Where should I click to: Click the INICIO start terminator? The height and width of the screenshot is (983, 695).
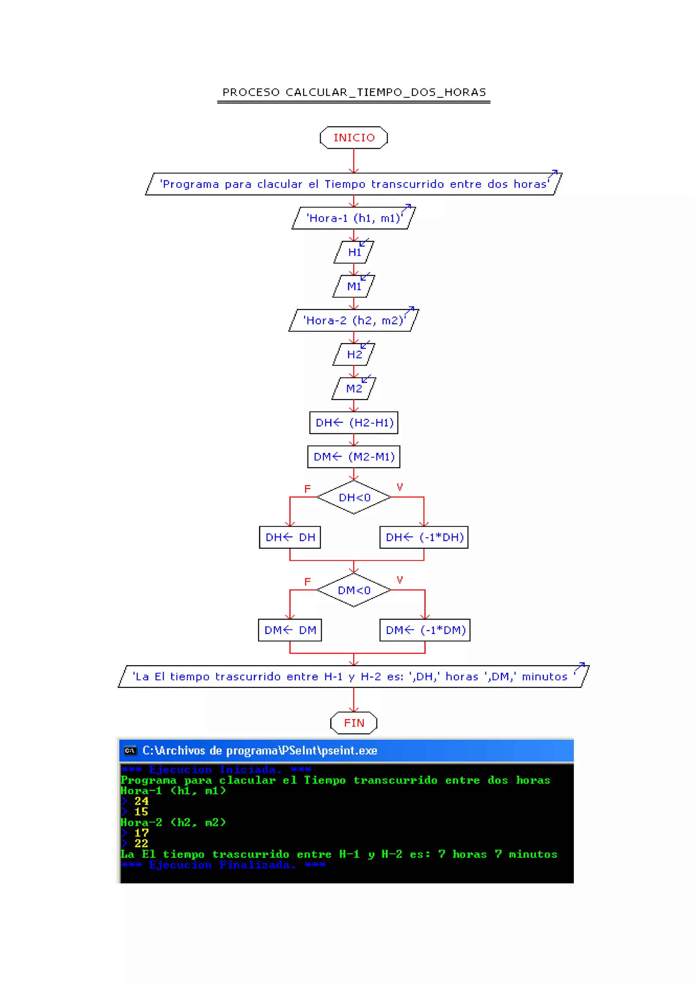(x=354, y=138)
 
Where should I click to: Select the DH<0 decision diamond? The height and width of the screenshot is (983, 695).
(x=354, y=497)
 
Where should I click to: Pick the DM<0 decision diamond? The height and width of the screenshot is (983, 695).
(x=354, y=590)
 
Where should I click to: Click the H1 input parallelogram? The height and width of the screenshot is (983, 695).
(x=354, y=252)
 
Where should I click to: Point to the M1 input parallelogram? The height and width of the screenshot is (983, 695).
(x=354, y=286)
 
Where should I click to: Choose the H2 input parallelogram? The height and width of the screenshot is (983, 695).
(x=354, y=354)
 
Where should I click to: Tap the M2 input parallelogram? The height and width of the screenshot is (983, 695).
(x=354, y=388)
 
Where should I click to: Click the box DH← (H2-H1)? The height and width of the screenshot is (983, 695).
(x=354, y=422)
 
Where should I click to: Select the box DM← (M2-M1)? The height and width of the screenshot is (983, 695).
(x=354, y=456)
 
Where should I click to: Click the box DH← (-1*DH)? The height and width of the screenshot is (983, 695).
(x=424, y=537)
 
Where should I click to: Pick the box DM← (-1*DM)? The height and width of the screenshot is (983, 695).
(x=425, y=630)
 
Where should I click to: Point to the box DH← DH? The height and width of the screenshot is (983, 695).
(x=290, y=537)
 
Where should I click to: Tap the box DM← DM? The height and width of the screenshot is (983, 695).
(x=290, y=630)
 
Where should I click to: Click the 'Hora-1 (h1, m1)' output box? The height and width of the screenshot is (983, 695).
(x=354, y=218)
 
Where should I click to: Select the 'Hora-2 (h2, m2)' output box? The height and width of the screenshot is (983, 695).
(x=354, y=320)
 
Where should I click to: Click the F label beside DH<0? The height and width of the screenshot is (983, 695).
(x=307, y=489)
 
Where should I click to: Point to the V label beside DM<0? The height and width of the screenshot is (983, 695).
(x=400, y=580)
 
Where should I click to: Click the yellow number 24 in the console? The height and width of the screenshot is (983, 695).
(x=141, y=801)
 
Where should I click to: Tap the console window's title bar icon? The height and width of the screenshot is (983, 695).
(x=130, y=750)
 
